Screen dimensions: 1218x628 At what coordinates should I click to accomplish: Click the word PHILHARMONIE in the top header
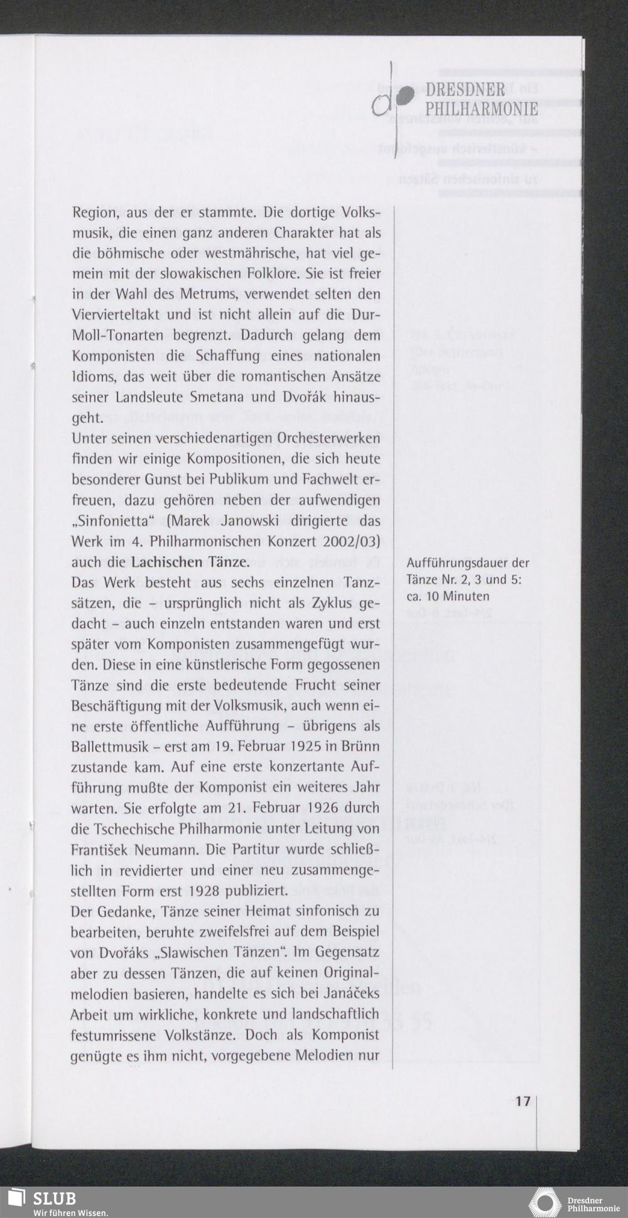[481, 109]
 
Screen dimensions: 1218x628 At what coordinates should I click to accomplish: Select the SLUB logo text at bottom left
[55, 1198]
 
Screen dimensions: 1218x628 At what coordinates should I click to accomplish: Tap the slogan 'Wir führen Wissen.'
[71, 1212]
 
